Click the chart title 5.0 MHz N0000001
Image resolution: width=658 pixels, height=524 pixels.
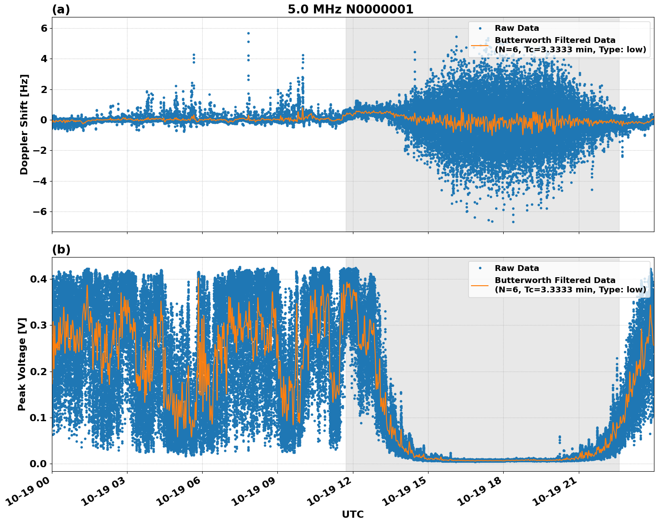tap(350, 9)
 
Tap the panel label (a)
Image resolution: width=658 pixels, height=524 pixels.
tap(61, 9)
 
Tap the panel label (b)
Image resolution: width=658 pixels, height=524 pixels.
tap(61, 249)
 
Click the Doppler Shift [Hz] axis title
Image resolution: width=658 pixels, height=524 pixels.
tap(24, 124)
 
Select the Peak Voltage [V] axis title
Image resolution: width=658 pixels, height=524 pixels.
tap(22, 364)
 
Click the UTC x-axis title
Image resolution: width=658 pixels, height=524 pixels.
tap(352, 514)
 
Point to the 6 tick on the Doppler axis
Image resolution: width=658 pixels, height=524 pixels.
tap(44, 28)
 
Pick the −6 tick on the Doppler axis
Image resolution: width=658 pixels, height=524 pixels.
tap(40, 211)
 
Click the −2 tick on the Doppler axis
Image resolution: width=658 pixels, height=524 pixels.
tap(40, 151)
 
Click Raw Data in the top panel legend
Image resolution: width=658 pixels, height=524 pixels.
tap(517, 28)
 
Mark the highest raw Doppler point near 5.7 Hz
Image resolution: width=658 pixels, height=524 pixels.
tap(248, 33)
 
